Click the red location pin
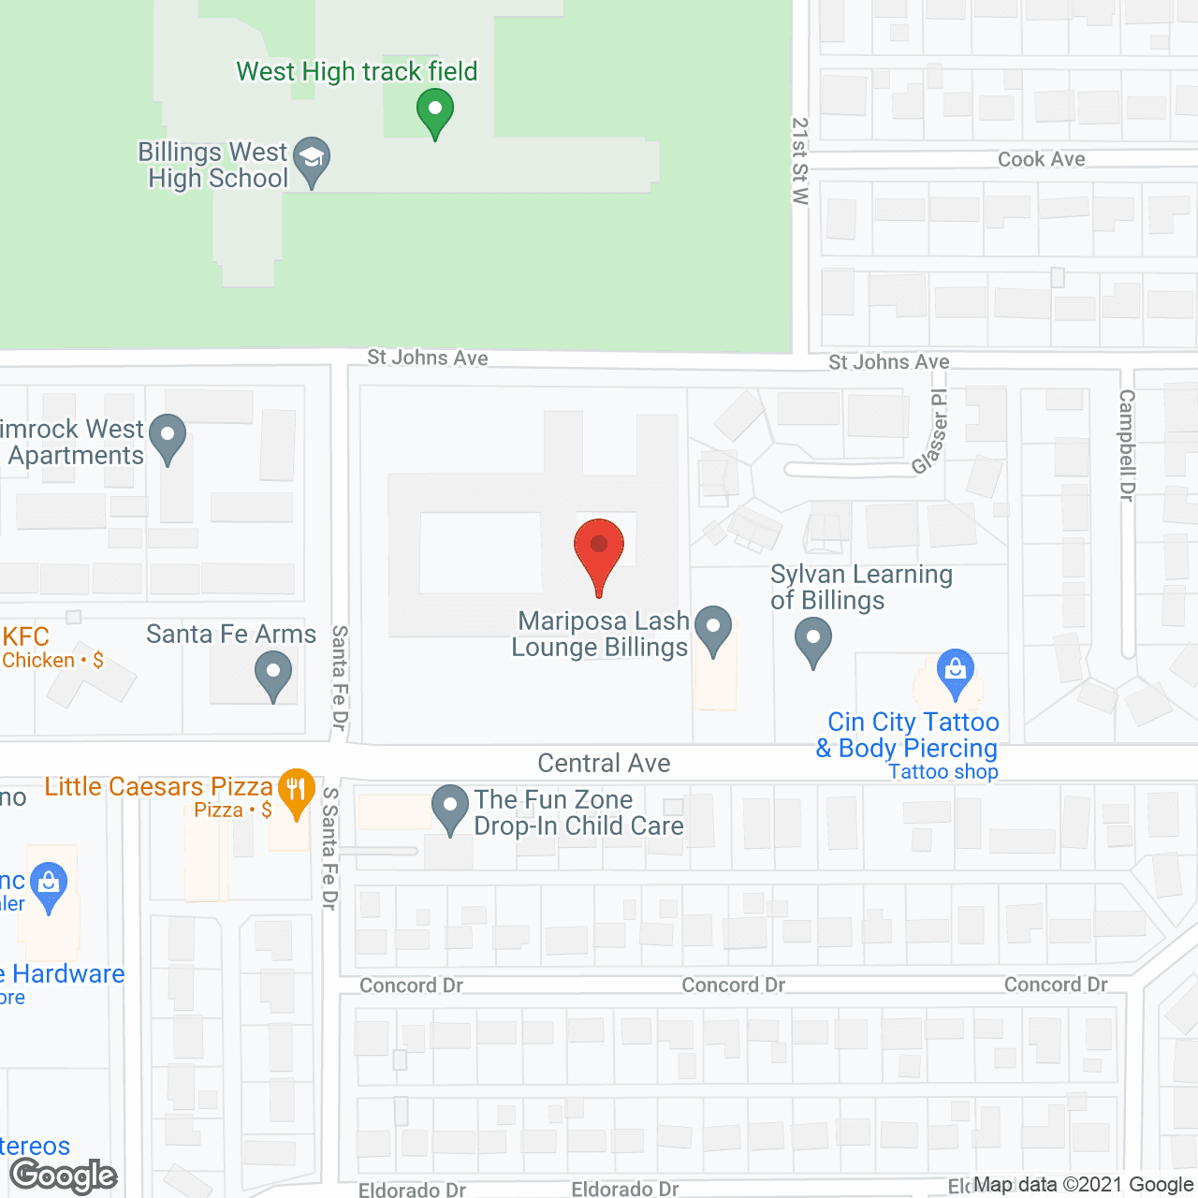[599, 552]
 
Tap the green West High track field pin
[434, 111]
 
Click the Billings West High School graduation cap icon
[312, 160]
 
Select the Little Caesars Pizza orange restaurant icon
[296, 793]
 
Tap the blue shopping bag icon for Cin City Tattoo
[955, 672]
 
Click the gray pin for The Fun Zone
[450, 807]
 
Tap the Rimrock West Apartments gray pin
[168, 437]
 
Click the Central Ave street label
[604, 764]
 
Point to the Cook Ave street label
[1041, 159]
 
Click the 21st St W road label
[800, 161]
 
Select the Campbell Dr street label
[1127, 446]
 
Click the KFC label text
[26, 636]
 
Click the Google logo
[64, 1176]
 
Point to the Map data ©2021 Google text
[1083, 1185]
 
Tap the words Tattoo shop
[943, 772]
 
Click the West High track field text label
[357, 71]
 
